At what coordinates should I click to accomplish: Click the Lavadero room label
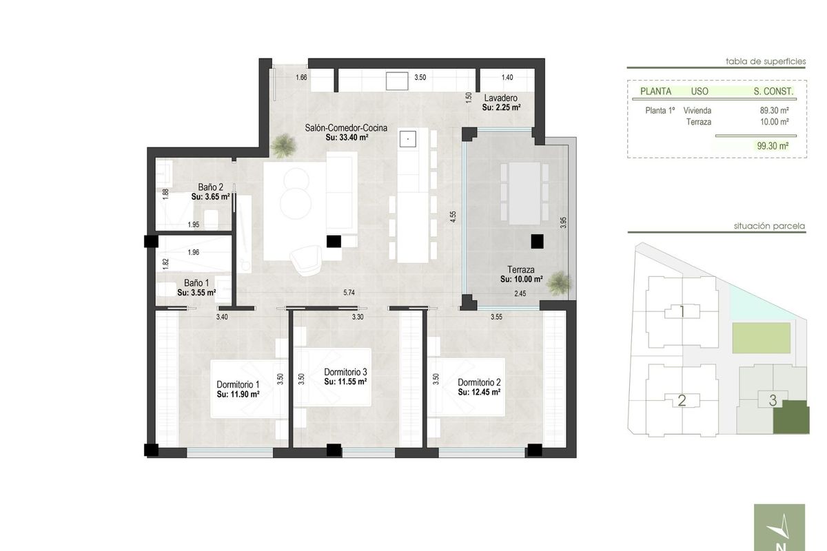500,98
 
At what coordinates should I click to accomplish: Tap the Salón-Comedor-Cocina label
347,128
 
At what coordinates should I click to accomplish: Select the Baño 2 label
210,187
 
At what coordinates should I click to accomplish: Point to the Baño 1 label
196,283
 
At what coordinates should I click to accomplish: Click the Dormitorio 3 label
345,372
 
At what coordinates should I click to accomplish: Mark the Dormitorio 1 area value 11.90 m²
238,395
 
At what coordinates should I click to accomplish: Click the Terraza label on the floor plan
522,271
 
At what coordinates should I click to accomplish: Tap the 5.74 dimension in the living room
349,293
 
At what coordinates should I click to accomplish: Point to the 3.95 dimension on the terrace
563,224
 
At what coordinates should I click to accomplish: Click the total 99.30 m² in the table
773,146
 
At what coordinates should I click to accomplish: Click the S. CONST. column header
773,91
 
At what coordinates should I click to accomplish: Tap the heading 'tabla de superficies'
765,61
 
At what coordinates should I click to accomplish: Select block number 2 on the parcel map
682,400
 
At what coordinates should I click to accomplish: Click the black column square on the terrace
537,241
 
